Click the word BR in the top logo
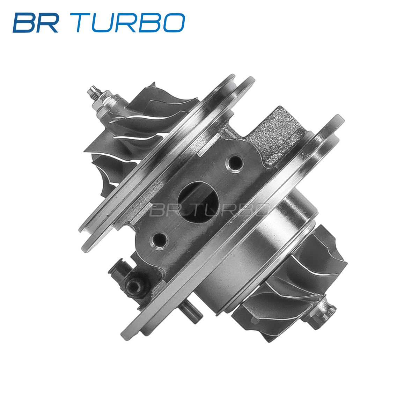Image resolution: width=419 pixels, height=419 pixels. pos(36,23)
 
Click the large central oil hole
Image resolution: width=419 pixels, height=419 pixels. pos(198,202)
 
